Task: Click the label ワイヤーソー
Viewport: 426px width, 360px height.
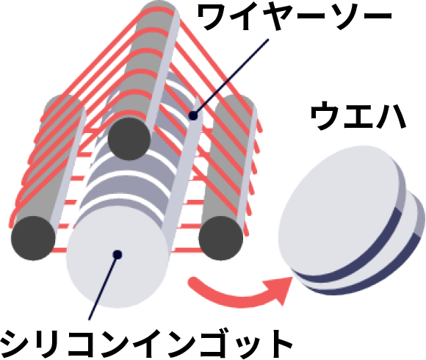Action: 295,17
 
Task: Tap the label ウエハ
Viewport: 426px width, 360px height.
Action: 358,116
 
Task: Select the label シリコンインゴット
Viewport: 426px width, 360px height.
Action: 146,345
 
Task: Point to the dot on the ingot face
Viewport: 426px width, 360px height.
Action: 118,255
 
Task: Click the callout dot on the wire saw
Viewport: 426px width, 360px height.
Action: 193,116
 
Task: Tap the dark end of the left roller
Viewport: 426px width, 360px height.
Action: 33,238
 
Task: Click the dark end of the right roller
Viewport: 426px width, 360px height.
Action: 221,238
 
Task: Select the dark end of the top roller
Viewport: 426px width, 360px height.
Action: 129,139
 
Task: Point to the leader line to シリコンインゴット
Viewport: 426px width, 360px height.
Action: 104,287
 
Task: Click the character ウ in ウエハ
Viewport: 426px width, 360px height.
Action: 325,116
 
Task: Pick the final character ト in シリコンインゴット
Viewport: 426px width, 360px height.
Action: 278,345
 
